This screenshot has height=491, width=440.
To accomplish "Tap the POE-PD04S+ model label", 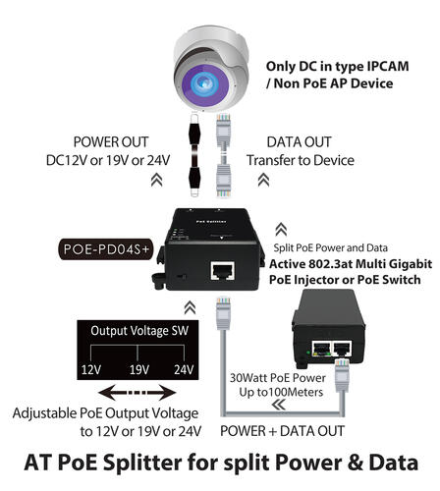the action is point(106,249).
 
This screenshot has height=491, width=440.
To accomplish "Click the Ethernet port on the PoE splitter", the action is point(223,270).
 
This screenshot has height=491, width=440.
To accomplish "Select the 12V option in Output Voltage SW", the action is point(91,370).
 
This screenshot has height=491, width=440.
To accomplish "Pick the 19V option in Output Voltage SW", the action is point(139,370).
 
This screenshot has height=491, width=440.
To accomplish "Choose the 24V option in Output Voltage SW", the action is point(184,370).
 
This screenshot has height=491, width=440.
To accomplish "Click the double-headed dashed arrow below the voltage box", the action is point(137,392).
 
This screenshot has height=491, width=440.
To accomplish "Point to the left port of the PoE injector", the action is point(320,349).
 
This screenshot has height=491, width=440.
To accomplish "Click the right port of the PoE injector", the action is point(342,349).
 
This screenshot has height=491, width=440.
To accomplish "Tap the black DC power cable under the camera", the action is point(194,154).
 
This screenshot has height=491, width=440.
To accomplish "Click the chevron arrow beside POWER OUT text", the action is point(157,180).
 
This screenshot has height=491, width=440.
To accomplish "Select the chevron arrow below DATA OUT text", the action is point(263,180).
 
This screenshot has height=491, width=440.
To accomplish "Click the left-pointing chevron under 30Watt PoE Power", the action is point(279,406).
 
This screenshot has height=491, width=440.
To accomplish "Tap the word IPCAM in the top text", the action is point(388,66).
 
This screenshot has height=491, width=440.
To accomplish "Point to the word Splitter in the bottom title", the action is point(142,463).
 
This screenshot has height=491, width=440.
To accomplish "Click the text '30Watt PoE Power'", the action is point(278,378).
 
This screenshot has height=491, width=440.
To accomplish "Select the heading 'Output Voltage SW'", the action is point(139,331).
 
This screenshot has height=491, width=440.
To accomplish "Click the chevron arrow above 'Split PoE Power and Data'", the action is point(281,230).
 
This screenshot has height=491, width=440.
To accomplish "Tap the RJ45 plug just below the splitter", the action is point(224,313).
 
